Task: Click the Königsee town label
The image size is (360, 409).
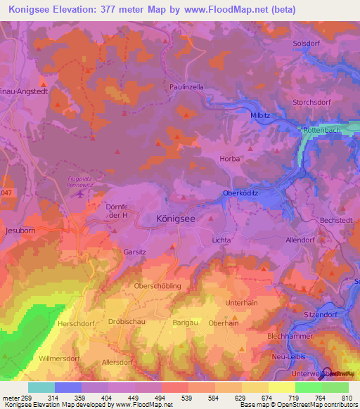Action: tap(176, 219)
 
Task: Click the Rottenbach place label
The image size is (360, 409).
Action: tap(321, 131)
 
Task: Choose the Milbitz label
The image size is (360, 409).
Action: tap(262, 115)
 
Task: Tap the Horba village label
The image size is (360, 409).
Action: tap(230, 159)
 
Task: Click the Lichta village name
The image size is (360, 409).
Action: tap(221, 240)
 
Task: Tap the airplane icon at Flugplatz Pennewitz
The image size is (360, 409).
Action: tap(81, 193)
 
